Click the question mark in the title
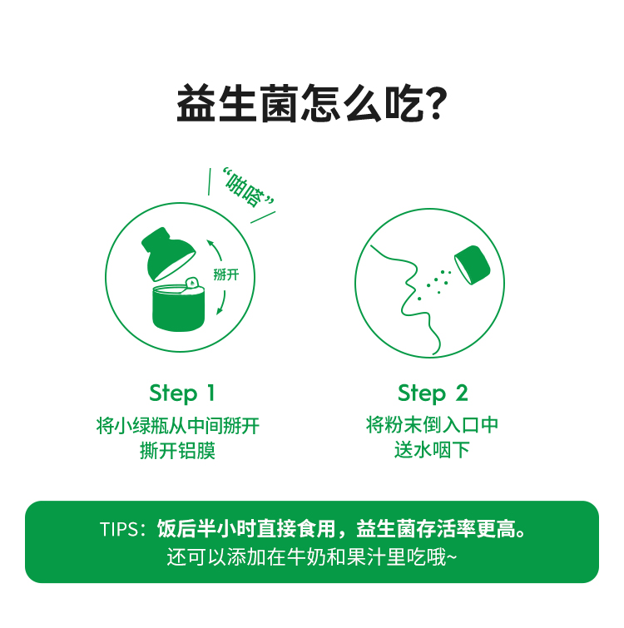pos(434,103)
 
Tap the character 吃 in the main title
pos(403,103)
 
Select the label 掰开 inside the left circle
pos(226,274)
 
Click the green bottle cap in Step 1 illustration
pos(168,253)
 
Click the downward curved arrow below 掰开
pos(221,303)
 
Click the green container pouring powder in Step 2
pos(473,265)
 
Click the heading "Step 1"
pos(182,393)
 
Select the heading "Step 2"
pos(433,393)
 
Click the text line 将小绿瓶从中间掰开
pos(178,425)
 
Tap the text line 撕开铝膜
pos(177,451)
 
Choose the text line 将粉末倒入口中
pos(432,424)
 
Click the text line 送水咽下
pos(432,450)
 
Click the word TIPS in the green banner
pos(119,529)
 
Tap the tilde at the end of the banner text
pos(452,557)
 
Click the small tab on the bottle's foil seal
pos(191,283)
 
